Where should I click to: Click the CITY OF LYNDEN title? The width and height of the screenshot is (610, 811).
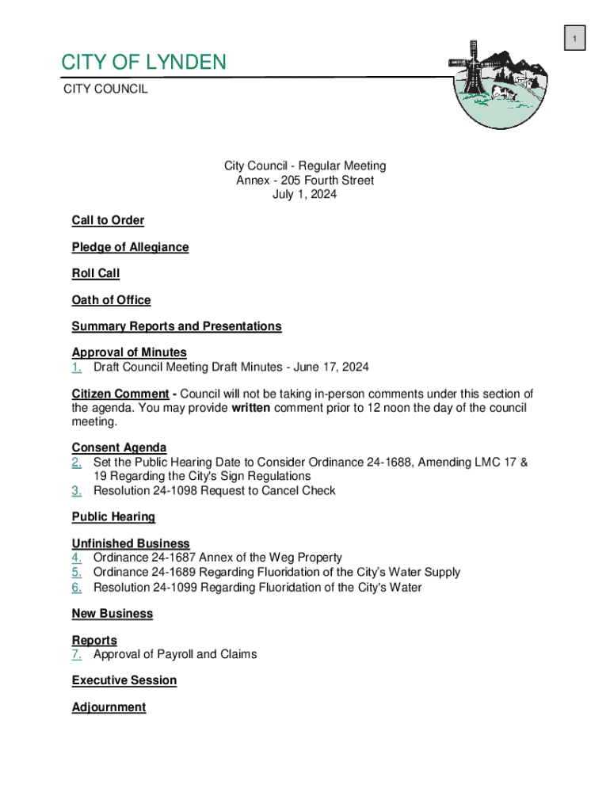[x=144, y=62]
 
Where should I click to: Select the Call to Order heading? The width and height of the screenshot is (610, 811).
[x=108, y=220]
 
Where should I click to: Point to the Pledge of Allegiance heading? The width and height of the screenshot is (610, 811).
[x=130, y=247]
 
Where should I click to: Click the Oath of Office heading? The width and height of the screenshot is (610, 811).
[x=111, y=300]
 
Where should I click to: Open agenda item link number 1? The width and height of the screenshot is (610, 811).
[x=77, y=367]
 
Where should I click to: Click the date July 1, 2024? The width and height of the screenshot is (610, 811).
[x=305, y=195]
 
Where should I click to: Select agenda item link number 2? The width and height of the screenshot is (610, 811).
[x=77, y=462]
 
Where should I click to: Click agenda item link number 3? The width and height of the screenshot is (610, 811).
[x=77, y=491]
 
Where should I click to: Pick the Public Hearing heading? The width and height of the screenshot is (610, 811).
[x=113, y=517]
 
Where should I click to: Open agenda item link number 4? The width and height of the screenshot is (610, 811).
[x=77, y=558]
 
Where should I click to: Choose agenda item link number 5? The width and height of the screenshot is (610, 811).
[x=77, y=573]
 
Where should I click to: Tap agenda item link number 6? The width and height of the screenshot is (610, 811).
[x=77, y=588]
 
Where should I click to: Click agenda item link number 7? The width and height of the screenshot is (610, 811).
[x=77, y=655]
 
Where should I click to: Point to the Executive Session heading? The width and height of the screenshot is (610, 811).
[x=124, y=680]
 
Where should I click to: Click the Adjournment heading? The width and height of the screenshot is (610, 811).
[x=109, y=707]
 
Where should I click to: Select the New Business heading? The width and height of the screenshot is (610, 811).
[x=112, y=614]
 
